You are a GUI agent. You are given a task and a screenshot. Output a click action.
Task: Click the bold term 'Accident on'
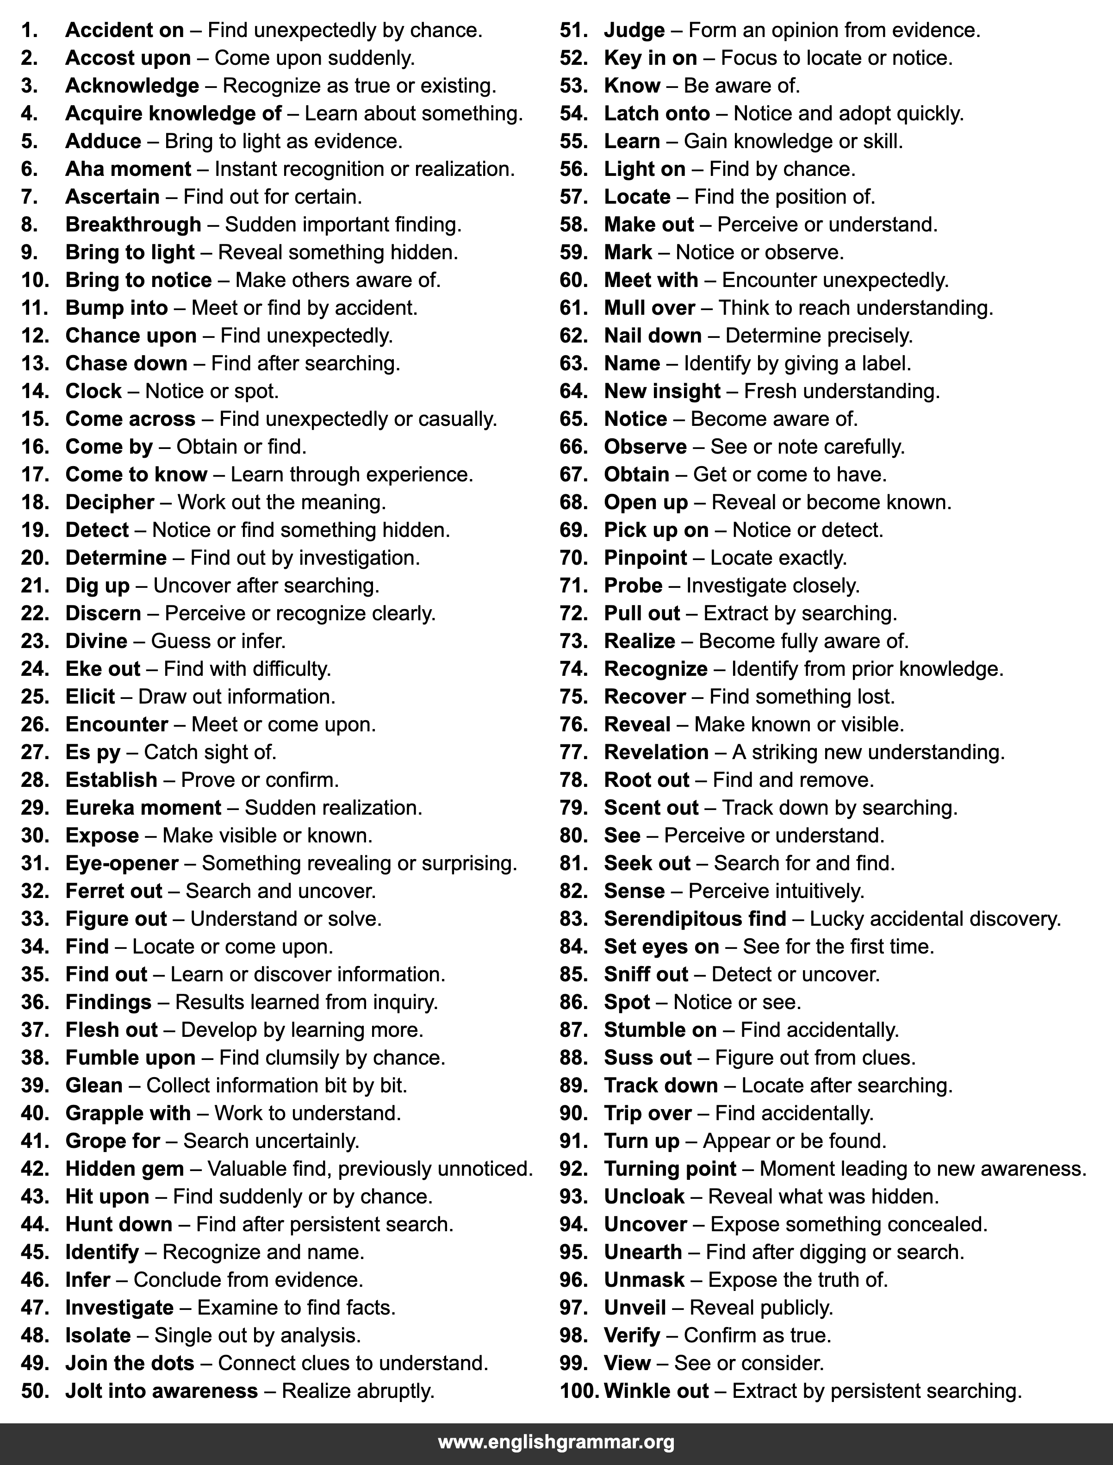point(124,31)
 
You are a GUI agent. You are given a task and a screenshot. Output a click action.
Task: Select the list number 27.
point(35,752)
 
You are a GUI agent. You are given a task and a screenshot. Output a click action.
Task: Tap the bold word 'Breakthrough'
point(133,224)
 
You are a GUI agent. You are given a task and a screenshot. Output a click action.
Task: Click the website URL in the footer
point(556,1442)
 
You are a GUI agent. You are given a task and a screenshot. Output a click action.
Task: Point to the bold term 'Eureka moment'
point(143,808)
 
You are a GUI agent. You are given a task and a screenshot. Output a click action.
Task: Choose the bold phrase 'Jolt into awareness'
point(162,1391)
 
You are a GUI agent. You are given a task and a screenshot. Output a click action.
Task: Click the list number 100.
point(579,1391)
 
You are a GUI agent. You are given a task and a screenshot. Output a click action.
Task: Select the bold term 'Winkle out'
point(656,1391)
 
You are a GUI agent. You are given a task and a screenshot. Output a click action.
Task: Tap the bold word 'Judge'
point(634,31)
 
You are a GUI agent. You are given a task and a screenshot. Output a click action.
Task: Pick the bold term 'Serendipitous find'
point(695,919)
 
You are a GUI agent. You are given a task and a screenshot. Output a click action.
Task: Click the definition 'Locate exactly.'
point(778,558)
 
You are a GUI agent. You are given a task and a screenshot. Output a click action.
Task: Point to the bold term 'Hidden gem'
point(124,1169)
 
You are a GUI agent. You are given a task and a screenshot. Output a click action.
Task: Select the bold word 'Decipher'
point(110,502)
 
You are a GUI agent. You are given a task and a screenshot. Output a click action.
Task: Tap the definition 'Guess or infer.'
point(218,642)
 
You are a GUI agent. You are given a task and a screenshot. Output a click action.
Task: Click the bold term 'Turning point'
point(670,1169)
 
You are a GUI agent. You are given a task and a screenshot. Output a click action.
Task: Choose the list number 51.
point(574,31)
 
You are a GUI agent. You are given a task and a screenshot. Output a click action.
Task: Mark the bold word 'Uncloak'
point(644,1197)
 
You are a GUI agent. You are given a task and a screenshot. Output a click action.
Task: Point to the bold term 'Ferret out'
point(114,891)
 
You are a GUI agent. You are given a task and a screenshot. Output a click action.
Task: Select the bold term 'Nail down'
point(653,336)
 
